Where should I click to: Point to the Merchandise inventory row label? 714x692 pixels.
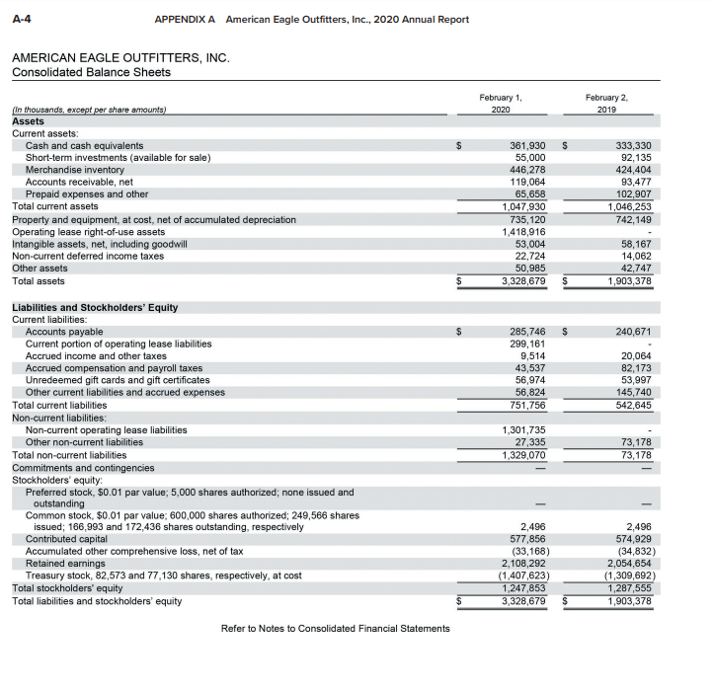75,170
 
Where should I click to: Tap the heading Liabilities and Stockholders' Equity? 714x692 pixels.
95,307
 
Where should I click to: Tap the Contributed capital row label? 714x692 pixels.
65,540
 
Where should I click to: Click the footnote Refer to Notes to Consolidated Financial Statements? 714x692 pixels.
335,629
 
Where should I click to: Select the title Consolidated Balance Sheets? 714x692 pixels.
91,72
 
